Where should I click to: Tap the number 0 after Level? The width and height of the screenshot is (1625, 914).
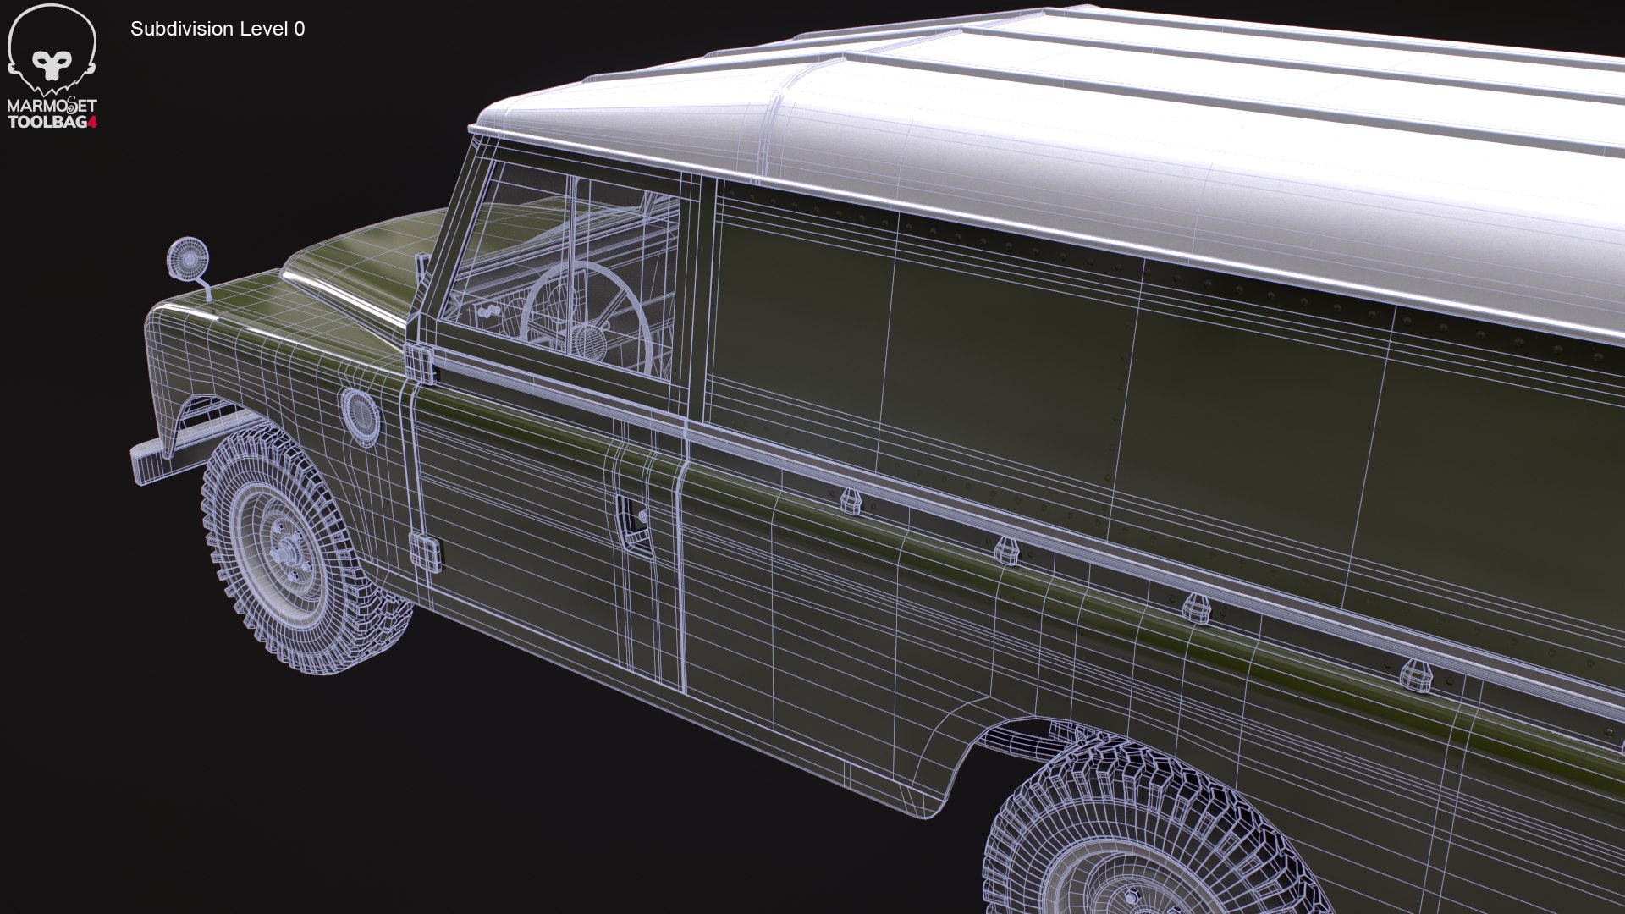(300, 29)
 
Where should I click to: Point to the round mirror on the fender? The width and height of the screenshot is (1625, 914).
(188, 258)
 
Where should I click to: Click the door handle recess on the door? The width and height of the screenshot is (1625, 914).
(634, 520)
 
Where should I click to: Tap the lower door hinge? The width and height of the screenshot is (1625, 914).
(425, 552)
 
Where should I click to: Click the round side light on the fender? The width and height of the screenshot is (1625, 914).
(361, 416)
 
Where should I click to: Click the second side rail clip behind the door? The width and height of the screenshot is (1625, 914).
(1006, 550)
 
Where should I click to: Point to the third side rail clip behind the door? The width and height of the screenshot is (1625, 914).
(1196, 608)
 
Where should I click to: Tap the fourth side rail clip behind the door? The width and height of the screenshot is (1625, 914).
(1416, 675)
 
